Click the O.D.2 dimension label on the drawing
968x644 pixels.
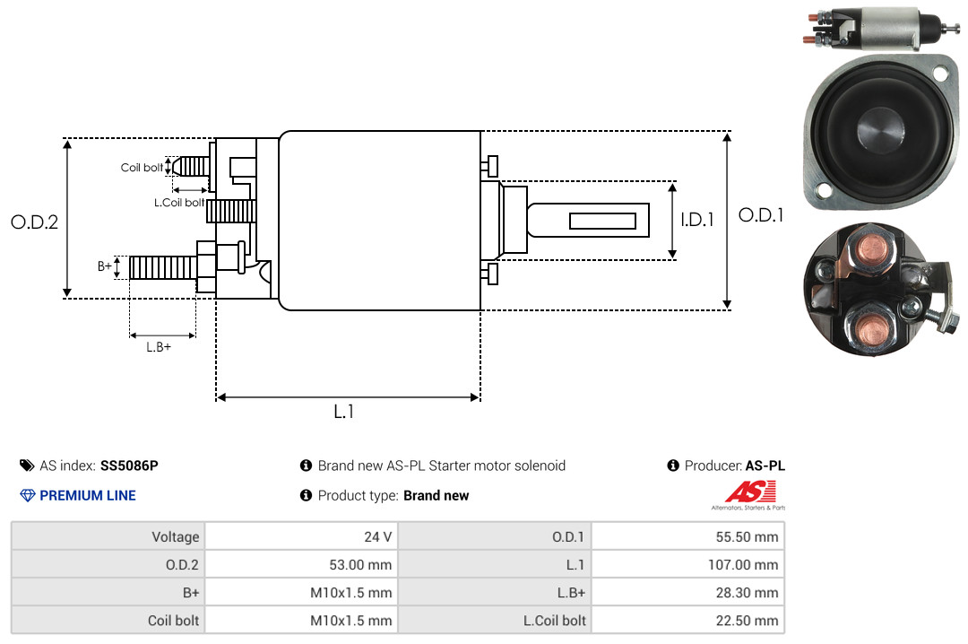(35, 222)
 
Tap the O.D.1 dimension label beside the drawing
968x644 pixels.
(761, 215)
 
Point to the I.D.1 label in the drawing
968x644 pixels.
(697, 220)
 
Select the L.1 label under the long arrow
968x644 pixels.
(344, 412)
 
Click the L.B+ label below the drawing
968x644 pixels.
(159, 347)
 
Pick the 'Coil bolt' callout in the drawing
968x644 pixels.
(142, 168)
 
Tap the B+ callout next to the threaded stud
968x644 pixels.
(105, 266)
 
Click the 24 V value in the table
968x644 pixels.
(378, 536)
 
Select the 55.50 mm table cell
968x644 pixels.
(747, 536)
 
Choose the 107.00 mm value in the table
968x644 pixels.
(743, 564)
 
